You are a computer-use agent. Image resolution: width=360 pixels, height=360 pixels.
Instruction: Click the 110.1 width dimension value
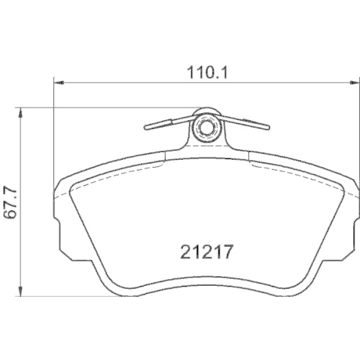coord(207,73)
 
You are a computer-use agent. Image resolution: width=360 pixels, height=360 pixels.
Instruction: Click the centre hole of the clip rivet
coord(207,130)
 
